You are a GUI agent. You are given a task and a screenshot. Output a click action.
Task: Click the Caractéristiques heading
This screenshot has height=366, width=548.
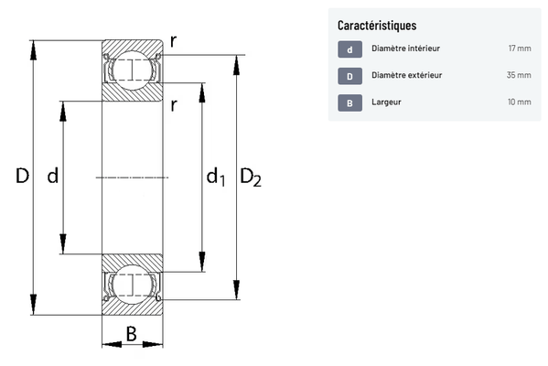[x=377, y=26]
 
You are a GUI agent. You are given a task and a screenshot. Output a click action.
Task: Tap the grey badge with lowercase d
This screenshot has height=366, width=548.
[x=349, y=49]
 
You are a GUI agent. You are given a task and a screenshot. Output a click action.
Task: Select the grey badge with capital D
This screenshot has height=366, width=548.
[x=349, y=76]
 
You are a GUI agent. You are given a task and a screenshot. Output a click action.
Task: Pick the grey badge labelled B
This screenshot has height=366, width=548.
[x=349, y=103]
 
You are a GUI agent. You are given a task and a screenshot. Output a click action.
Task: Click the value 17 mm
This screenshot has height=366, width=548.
[x=520, y=48]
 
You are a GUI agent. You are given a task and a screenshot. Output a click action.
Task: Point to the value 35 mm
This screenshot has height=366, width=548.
[x=519, y=75]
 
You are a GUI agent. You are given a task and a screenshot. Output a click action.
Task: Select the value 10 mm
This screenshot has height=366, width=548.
[x=520, y=102]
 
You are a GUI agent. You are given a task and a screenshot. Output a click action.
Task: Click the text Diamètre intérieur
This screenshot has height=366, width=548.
[x=405, y=48]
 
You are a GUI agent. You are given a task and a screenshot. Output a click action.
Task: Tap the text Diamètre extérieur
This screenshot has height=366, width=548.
[x=406, y=75]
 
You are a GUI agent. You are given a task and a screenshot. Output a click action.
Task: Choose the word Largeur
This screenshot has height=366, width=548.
[x=386, y=102]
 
